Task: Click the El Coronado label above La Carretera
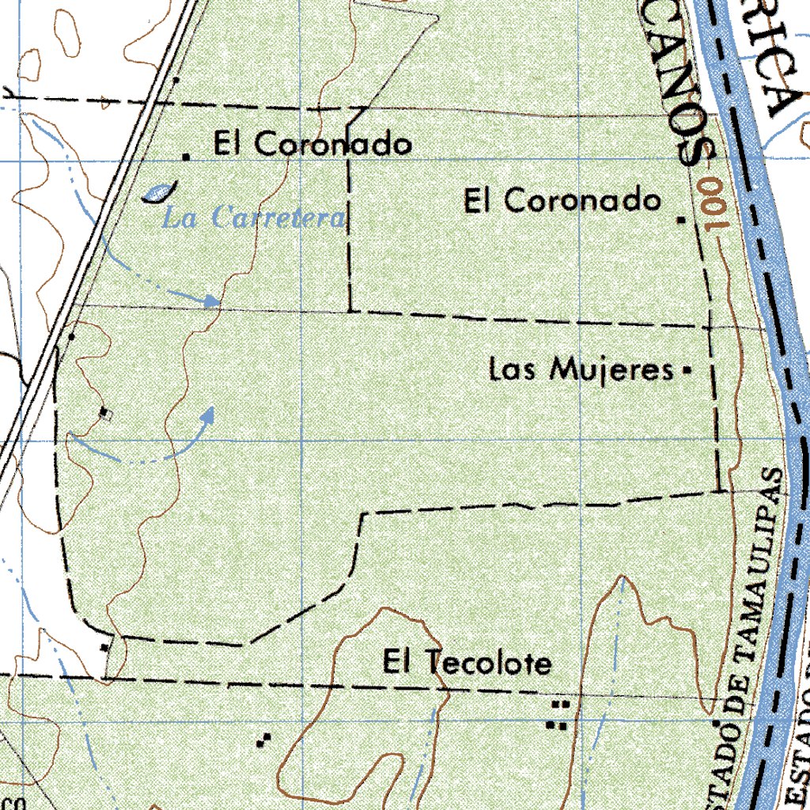312,145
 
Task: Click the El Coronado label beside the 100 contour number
562,200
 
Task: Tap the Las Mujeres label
581,369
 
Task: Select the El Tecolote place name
467,663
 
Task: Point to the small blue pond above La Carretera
158,192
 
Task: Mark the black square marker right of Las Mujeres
686,369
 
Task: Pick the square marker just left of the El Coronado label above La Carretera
187,157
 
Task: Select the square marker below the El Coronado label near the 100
682,220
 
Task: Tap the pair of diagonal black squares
263,740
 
